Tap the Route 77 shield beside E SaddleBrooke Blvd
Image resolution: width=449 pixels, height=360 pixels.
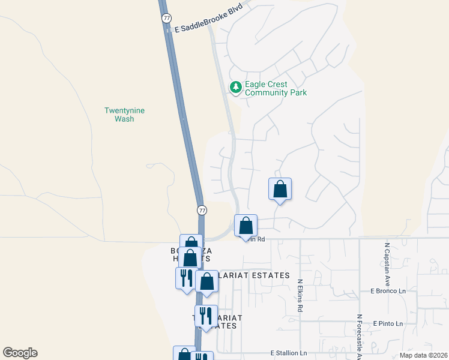[x=166, y=19]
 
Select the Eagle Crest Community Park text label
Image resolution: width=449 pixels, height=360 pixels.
[x=276, y=88]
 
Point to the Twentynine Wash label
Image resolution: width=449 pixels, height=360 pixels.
[x=124, y=115]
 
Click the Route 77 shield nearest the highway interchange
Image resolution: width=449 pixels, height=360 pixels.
[x=202, y=210]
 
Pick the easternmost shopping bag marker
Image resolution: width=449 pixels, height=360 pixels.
[x=280, y=189]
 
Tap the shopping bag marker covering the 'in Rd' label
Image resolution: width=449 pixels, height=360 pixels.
[x=246, y=226]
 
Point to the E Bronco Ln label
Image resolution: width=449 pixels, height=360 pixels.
[x=388, y=291]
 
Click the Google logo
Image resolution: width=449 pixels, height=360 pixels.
[x=20, y=353]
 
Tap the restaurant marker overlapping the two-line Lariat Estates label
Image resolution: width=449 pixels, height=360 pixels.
[x=205, y=316]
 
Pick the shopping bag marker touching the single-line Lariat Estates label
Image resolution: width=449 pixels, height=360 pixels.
[x=206, y=281]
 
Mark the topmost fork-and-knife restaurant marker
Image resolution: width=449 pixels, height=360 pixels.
[x=185, y=278]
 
